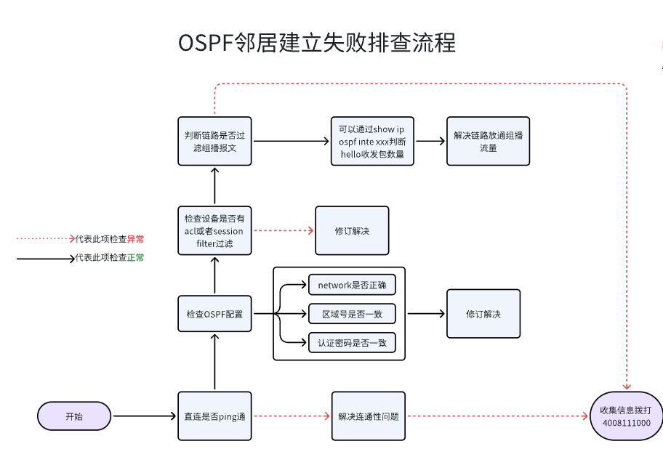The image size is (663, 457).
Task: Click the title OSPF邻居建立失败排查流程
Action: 317,42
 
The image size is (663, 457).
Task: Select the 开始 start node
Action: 74,416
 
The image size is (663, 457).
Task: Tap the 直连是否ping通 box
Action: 214,416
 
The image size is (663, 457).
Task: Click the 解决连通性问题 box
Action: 368,416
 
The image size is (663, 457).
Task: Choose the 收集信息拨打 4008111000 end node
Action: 626,416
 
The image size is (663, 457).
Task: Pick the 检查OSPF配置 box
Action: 214,315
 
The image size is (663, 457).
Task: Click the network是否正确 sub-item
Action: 352,285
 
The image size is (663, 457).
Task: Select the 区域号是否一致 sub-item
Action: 352,314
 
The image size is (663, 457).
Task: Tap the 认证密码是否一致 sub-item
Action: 352,343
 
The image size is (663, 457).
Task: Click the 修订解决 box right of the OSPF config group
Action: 483,314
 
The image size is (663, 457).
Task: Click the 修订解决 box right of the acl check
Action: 352,230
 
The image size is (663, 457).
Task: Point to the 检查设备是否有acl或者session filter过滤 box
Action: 214,230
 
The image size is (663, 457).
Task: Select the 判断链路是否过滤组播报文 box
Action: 214,141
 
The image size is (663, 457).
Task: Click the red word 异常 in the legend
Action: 135,238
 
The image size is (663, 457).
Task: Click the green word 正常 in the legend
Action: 135,257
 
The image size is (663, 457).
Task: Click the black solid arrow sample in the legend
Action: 44,258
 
